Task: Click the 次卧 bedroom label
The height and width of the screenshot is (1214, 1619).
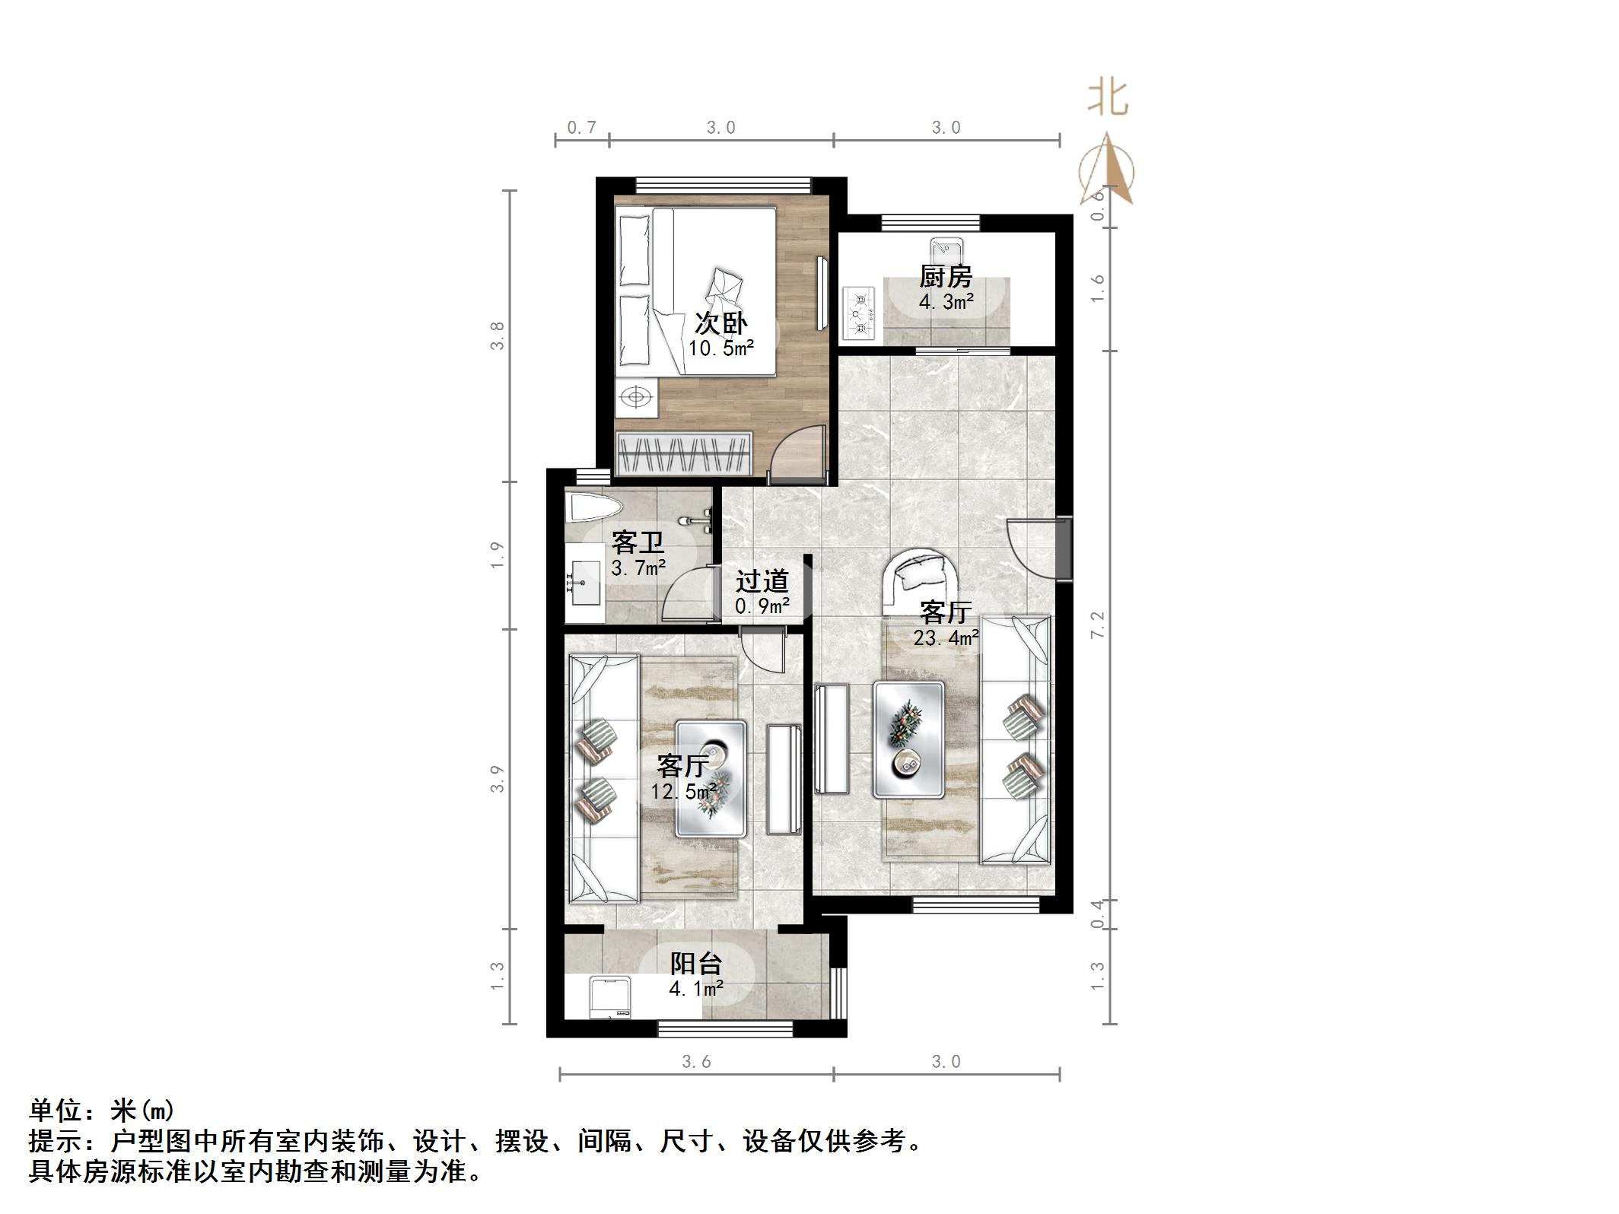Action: (720, 324)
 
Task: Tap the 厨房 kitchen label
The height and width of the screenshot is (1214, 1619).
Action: (946, 277)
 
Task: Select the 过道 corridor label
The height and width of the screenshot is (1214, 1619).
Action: (762, 582)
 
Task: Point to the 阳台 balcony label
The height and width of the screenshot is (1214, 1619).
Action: (695, 964)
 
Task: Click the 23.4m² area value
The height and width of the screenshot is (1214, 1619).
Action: (946, 638)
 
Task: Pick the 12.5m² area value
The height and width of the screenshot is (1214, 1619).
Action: (683, 792)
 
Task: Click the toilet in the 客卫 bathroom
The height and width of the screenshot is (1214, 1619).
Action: (593, 508)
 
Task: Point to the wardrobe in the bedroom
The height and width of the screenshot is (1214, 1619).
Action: (684, 454)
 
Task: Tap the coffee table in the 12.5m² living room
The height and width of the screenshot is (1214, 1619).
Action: (711, 779)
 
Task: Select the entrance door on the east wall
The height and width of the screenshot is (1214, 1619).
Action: (1062, 548)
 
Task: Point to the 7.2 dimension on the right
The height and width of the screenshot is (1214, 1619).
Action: (1097, 624)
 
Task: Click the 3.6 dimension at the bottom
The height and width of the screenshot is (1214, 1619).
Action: (695, 1062)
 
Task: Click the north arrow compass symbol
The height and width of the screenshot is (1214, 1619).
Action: (1108, 171)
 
